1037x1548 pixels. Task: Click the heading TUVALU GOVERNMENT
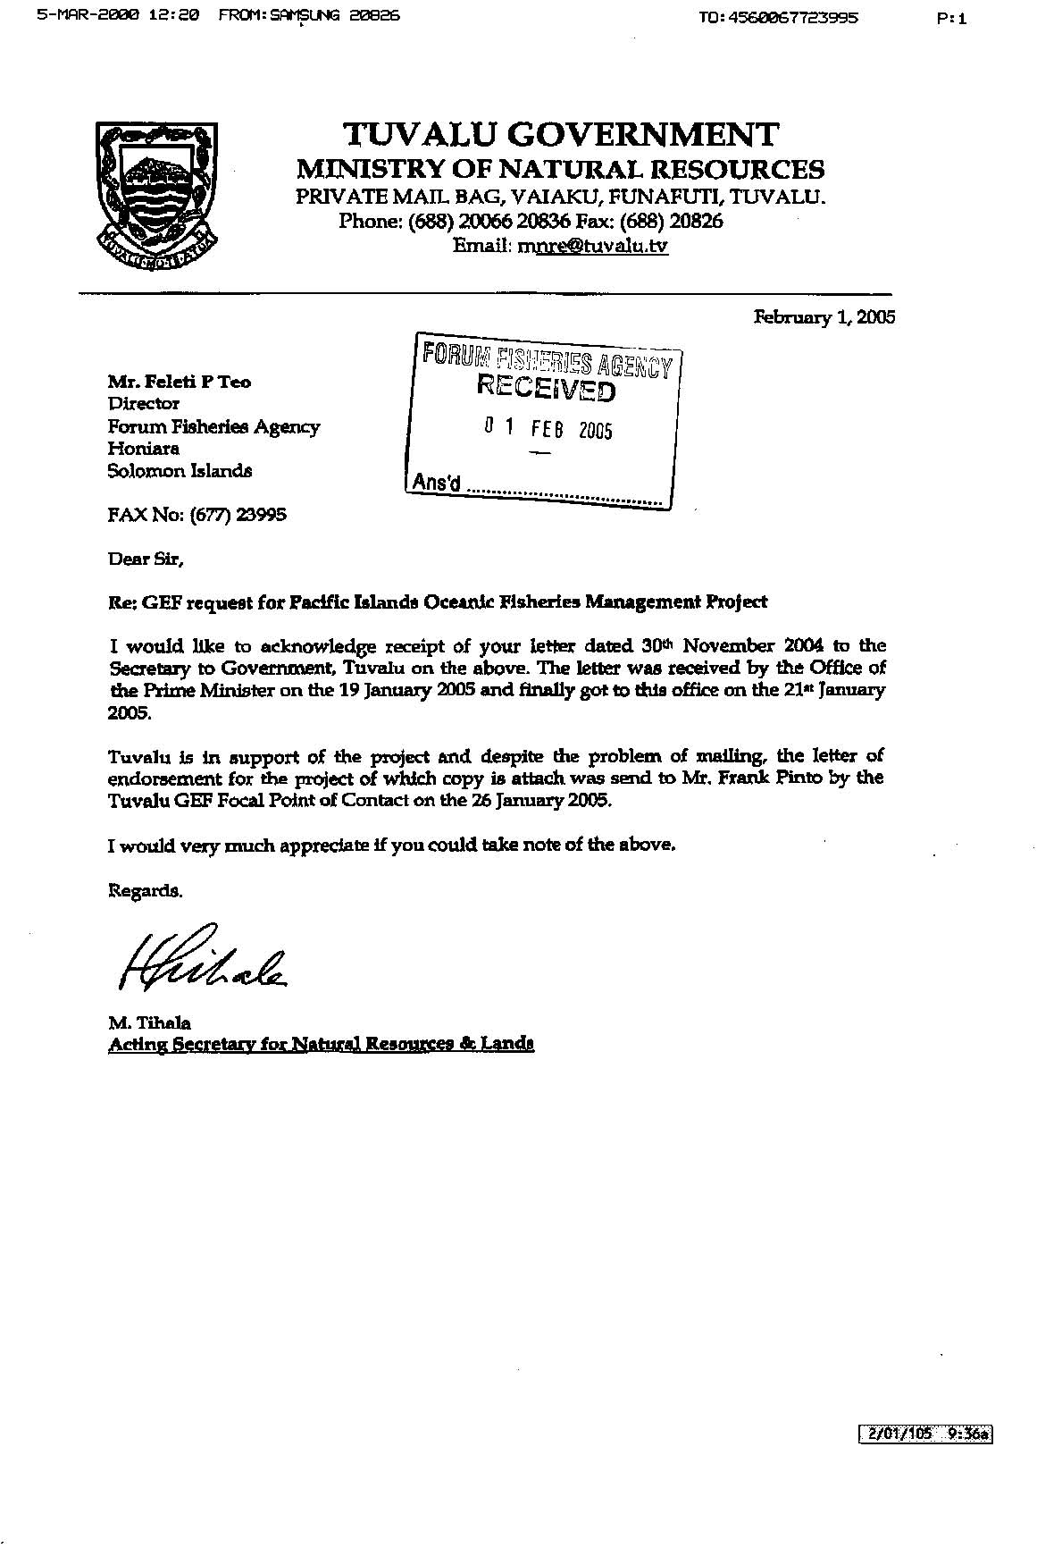pyautogui.click(x=561, y=135)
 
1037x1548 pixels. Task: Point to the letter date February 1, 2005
pyautogui.click(x=824, y=317)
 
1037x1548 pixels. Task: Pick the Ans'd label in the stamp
pyautogui.click(x=436, y=484)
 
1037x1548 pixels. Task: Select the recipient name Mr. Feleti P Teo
pyautogui.click(x=180, y=383)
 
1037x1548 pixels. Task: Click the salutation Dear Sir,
pyautogui.click(x=146, y=559)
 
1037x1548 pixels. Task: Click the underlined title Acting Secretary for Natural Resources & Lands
pyautogui.click(x=321, y=1044)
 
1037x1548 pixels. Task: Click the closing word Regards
pyautogui.click(x=146, y=891)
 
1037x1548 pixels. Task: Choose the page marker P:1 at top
pyautogui.click(x=953, y=17)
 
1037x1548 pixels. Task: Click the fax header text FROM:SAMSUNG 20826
pyautogui.click(x=309, y=15)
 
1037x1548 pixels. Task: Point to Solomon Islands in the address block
pyautogui.click(x=180, y=471)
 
